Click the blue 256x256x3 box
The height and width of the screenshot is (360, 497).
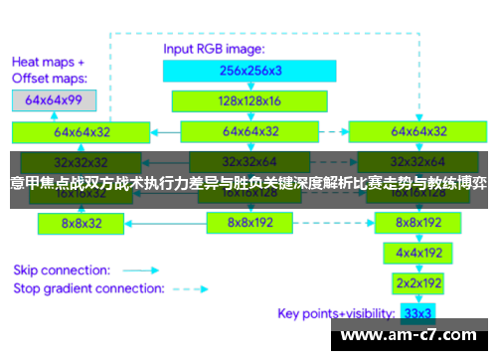(x=250, y=70)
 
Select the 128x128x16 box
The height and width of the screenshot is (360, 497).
(x=250, y=100)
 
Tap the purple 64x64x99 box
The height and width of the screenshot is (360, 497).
(x=54, y=99)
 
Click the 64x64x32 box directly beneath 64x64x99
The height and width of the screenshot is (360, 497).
(x=83, y=130)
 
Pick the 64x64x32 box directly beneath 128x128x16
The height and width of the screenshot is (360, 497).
(x=250, y=130)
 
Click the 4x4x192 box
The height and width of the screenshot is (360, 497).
(x=418, y=254)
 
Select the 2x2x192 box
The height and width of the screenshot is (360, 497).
(x=418, y=283)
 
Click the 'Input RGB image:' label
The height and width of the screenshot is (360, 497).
(x=213, y=48)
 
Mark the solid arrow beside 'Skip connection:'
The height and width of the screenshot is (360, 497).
(x=141, y=269)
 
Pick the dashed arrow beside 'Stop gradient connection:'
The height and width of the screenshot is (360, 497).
(x=192, y=288)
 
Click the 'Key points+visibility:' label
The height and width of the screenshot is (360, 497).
(x=338, y=313)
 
